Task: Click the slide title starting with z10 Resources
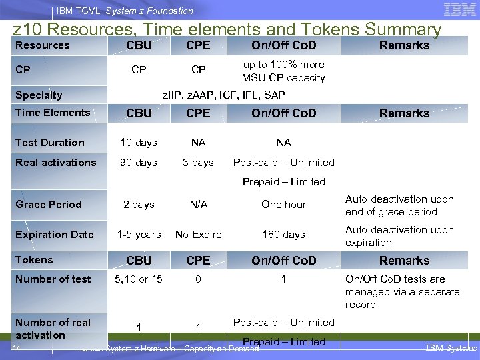point(227,29)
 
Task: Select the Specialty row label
point(39,95)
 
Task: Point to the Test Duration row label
point(50,143)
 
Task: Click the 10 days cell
point(139,143)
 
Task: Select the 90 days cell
point(139,163)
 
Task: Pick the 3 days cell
point(198,163)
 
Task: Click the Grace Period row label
point(49,205)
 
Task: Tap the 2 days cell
point(139,205)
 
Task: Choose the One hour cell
point(283,205)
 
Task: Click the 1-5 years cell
point(139,235)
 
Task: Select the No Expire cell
point(198,235)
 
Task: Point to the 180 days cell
point(283,235)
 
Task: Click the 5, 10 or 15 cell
point(139,279)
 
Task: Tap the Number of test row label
point(53,279)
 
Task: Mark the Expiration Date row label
point(55,235)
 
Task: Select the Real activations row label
point(56,163)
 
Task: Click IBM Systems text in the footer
point(451,348)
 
